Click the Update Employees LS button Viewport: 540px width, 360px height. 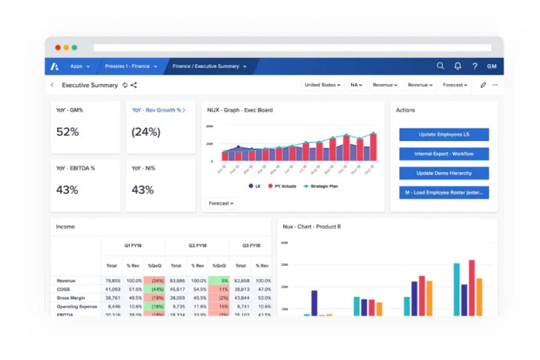point(444,134)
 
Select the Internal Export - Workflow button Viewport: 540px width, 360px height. point(444,154)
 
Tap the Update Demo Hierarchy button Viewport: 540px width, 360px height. point(444,173)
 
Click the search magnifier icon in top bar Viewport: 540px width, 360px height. point(440,66)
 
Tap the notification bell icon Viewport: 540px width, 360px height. point(458,66)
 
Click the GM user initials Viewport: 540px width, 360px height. point(492,66)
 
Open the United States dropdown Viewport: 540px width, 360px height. point(322,85)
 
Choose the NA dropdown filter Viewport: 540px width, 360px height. point(356,85)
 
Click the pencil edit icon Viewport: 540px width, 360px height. point(483,85)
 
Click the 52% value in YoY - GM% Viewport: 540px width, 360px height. point(68,132)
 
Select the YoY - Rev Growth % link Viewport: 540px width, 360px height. point(158,110)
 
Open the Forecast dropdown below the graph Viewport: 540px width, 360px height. point(221,204)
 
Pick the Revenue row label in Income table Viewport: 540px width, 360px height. point(66,280)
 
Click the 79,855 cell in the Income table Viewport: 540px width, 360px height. point(112,280)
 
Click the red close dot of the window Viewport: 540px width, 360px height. point(58,47)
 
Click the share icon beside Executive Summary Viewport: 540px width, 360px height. point(134,85)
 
